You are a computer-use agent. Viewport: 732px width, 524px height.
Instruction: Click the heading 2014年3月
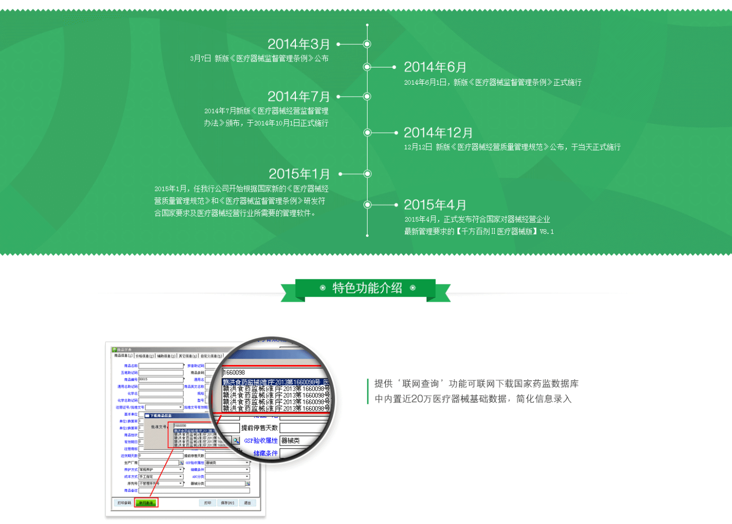click(x=299, y=44)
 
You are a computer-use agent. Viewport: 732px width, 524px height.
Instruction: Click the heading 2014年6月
click(x=435, y=67)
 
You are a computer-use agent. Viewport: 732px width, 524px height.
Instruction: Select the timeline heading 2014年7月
click(x=299, y=97)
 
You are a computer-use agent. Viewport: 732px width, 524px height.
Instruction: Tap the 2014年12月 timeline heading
click(x=438, y=133)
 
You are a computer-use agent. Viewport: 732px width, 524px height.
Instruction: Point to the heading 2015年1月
click(x=299, y=174)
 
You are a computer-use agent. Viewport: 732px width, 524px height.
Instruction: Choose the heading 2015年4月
click(x=435, y=205)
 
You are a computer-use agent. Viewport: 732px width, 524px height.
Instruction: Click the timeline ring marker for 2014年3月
click(x=367, y=44)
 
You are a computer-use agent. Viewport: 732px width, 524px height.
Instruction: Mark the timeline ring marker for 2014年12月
click(x=367, y=133)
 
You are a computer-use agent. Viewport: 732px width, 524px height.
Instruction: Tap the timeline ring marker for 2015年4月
click(x=367, y=205)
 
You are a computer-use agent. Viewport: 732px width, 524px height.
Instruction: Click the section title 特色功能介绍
click(x=367, y=288)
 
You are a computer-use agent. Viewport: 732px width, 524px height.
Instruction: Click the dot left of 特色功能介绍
click(x=323, y=288)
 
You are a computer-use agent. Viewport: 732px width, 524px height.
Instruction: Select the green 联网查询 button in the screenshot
click(x=146, y=503)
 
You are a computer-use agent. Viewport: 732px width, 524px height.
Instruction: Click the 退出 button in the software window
click(x=247, y=503)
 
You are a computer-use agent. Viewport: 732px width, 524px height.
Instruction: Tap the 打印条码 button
click(x=124, y=503)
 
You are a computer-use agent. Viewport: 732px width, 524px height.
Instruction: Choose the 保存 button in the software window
click(x=227, y=503)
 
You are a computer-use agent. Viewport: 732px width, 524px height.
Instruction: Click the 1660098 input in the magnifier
click(x=272, y=372)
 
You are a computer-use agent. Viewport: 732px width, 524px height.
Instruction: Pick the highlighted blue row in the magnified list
click(x=274, y=382)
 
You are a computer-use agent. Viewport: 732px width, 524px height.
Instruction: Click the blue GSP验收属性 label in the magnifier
click(x=261, y=441)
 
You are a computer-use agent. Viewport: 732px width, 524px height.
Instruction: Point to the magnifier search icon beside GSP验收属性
click(x=236, y=441)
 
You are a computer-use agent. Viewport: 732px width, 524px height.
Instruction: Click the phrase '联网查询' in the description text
click(x=421, y=384)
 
